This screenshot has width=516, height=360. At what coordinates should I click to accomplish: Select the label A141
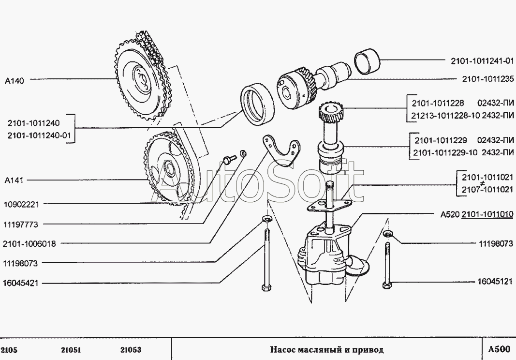tap(14, 180)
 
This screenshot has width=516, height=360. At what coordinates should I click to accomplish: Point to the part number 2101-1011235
tap(487, 79)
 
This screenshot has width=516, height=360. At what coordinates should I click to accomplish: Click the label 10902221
tap(20, 204)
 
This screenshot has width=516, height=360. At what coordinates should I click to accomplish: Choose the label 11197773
tap(20, 225)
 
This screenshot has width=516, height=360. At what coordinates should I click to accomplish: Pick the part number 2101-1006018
tap(29, 244)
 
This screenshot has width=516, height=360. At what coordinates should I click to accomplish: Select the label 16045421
tap(20, 283)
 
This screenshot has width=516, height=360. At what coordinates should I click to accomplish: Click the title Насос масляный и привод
tap(326, 349)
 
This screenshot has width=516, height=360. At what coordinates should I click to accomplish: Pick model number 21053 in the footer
tap(131, 349)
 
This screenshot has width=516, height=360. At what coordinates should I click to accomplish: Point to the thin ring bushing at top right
tap(367, 60)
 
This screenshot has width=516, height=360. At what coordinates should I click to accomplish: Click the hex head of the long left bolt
tap(265, 287)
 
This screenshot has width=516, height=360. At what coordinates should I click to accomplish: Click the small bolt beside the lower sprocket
tap(230, 158)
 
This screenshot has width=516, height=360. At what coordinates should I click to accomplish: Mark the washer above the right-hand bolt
tap(388, 235)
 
